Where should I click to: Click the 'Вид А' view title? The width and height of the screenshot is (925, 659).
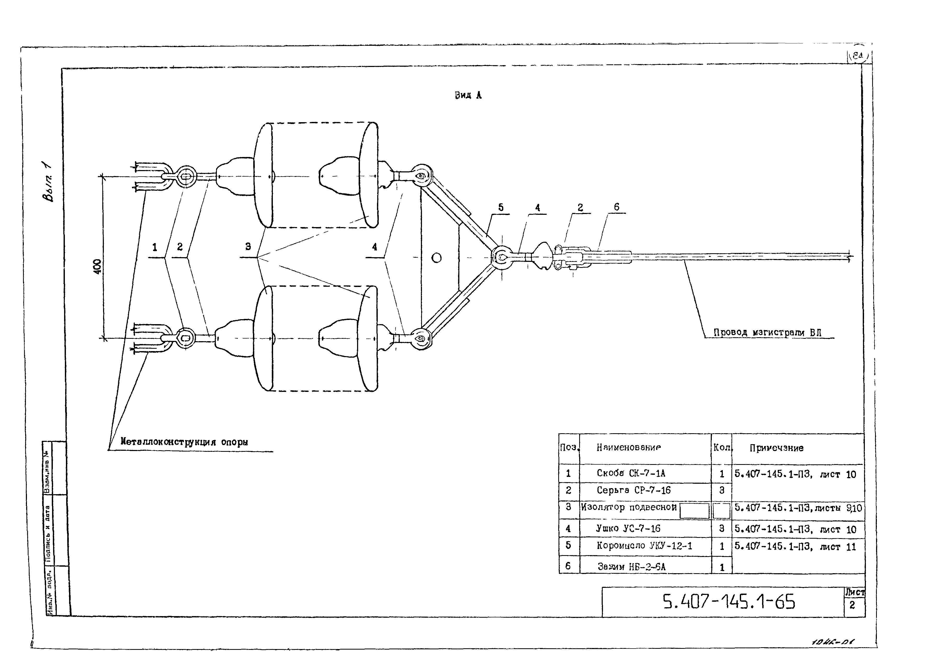(468, 95)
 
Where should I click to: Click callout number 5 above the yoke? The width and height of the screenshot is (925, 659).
(501, 207)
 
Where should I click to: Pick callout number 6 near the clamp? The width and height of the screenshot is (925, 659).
(616, 207)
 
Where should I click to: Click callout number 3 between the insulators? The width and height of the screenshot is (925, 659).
(248, 246)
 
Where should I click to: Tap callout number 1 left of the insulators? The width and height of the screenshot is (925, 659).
(155, 247)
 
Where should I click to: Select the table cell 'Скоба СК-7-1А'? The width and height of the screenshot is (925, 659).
(631, 473)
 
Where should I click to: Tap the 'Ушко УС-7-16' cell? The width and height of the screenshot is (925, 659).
(628, 528)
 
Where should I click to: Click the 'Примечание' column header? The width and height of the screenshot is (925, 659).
(776, 448)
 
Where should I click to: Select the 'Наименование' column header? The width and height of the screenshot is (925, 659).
(628, 448)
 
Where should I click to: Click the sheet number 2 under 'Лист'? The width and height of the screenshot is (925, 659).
(852, 605)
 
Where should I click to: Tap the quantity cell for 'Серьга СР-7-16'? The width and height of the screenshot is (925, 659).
(721, 491)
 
